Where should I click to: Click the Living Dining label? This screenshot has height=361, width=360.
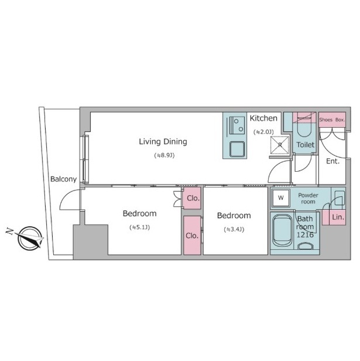[x=163, y=142]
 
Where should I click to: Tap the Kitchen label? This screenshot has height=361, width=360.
[x=263, y=118]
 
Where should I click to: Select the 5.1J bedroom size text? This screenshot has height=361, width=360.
[x=140, y=227]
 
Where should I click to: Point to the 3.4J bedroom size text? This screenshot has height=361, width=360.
[x=234, y=229]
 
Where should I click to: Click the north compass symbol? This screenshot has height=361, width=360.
[x=29, y=239]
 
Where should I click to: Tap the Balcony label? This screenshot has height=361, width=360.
[x=63, y=179]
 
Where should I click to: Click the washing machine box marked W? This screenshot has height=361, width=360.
[x=280, y=197]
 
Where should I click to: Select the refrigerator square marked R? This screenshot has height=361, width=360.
[x=280, y=145]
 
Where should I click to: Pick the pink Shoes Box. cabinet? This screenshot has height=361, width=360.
[x=332, y=120]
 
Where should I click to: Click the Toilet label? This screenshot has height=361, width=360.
[x=305, y=145]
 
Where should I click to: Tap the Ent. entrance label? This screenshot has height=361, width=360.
[x=333, y=161]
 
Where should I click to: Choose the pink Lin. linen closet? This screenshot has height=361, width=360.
[x=334, y=217]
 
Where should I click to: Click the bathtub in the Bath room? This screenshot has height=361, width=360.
[x=282, y=231]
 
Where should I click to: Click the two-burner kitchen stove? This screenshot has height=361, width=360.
[x=238, y=125]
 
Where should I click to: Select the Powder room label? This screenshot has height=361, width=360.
[x=308, y=199]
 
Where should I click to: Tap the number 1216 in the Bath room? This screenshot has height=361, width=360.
[x=305, y=235]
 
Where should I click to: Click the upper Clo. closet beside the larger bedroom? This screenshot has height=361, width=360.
[x=191, y=198]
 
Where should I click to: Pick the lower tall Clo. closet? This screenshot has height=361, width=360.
[x=192, y=236]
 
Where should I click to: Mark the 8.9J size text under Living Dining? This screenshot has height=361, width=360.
[x=164, y=155]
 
